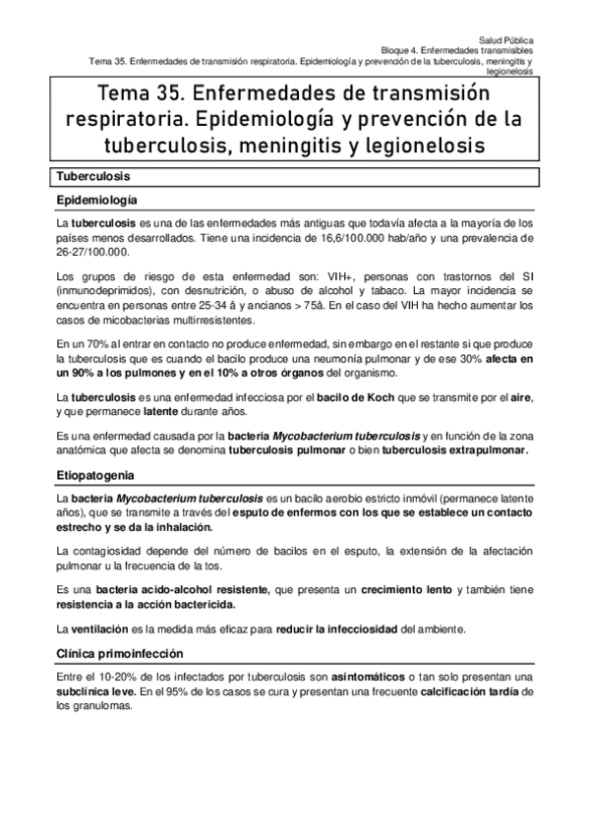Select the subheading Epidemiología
(95, 200)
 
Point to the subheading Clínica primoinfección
(120, 654)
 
